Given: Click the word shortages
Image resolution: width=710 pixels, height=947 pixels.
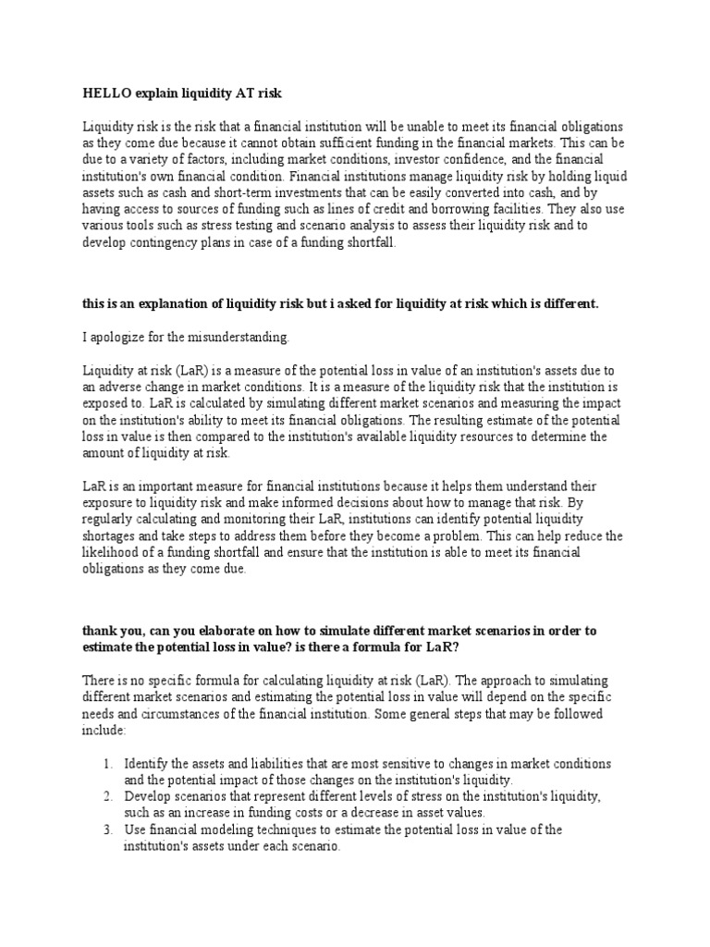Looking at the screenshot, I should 112,535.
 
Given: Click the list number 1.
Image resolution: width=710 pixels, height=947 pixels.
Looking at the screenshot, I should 107,764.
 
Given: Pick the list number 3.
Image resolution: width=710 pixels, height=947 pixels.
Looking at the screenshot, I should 107,829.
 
